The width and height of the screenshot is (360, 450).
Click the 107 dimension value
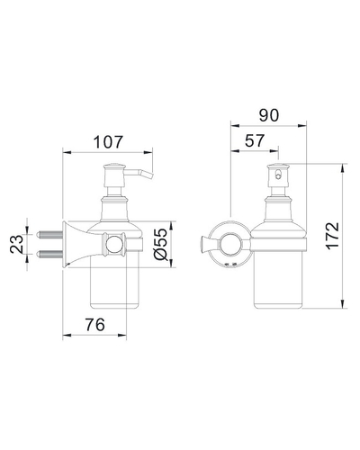[x=108, y=142]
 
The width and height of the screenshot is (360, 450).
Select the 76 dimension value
[x=95, y=324]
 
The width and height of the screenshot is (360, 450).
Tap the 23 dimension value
[x=17, y=244]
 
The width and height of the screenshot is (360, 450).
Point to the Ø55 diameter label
[x=159, y=244]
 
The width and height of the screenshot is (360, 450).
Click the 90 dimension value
[x=269, y=115]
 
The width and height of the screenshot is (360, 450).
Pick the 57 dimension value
[x=255, y=140]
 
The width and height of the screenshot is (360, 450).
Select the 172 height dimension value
[x=333, y=236]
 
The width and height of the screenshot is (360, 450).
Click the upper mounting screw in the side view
[x=50, y=234]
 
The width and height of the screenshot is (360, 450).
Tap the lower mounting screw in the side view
[x=50, y=254]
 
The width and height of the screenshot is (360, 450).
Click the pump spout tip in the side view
[x=149, y=175]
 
